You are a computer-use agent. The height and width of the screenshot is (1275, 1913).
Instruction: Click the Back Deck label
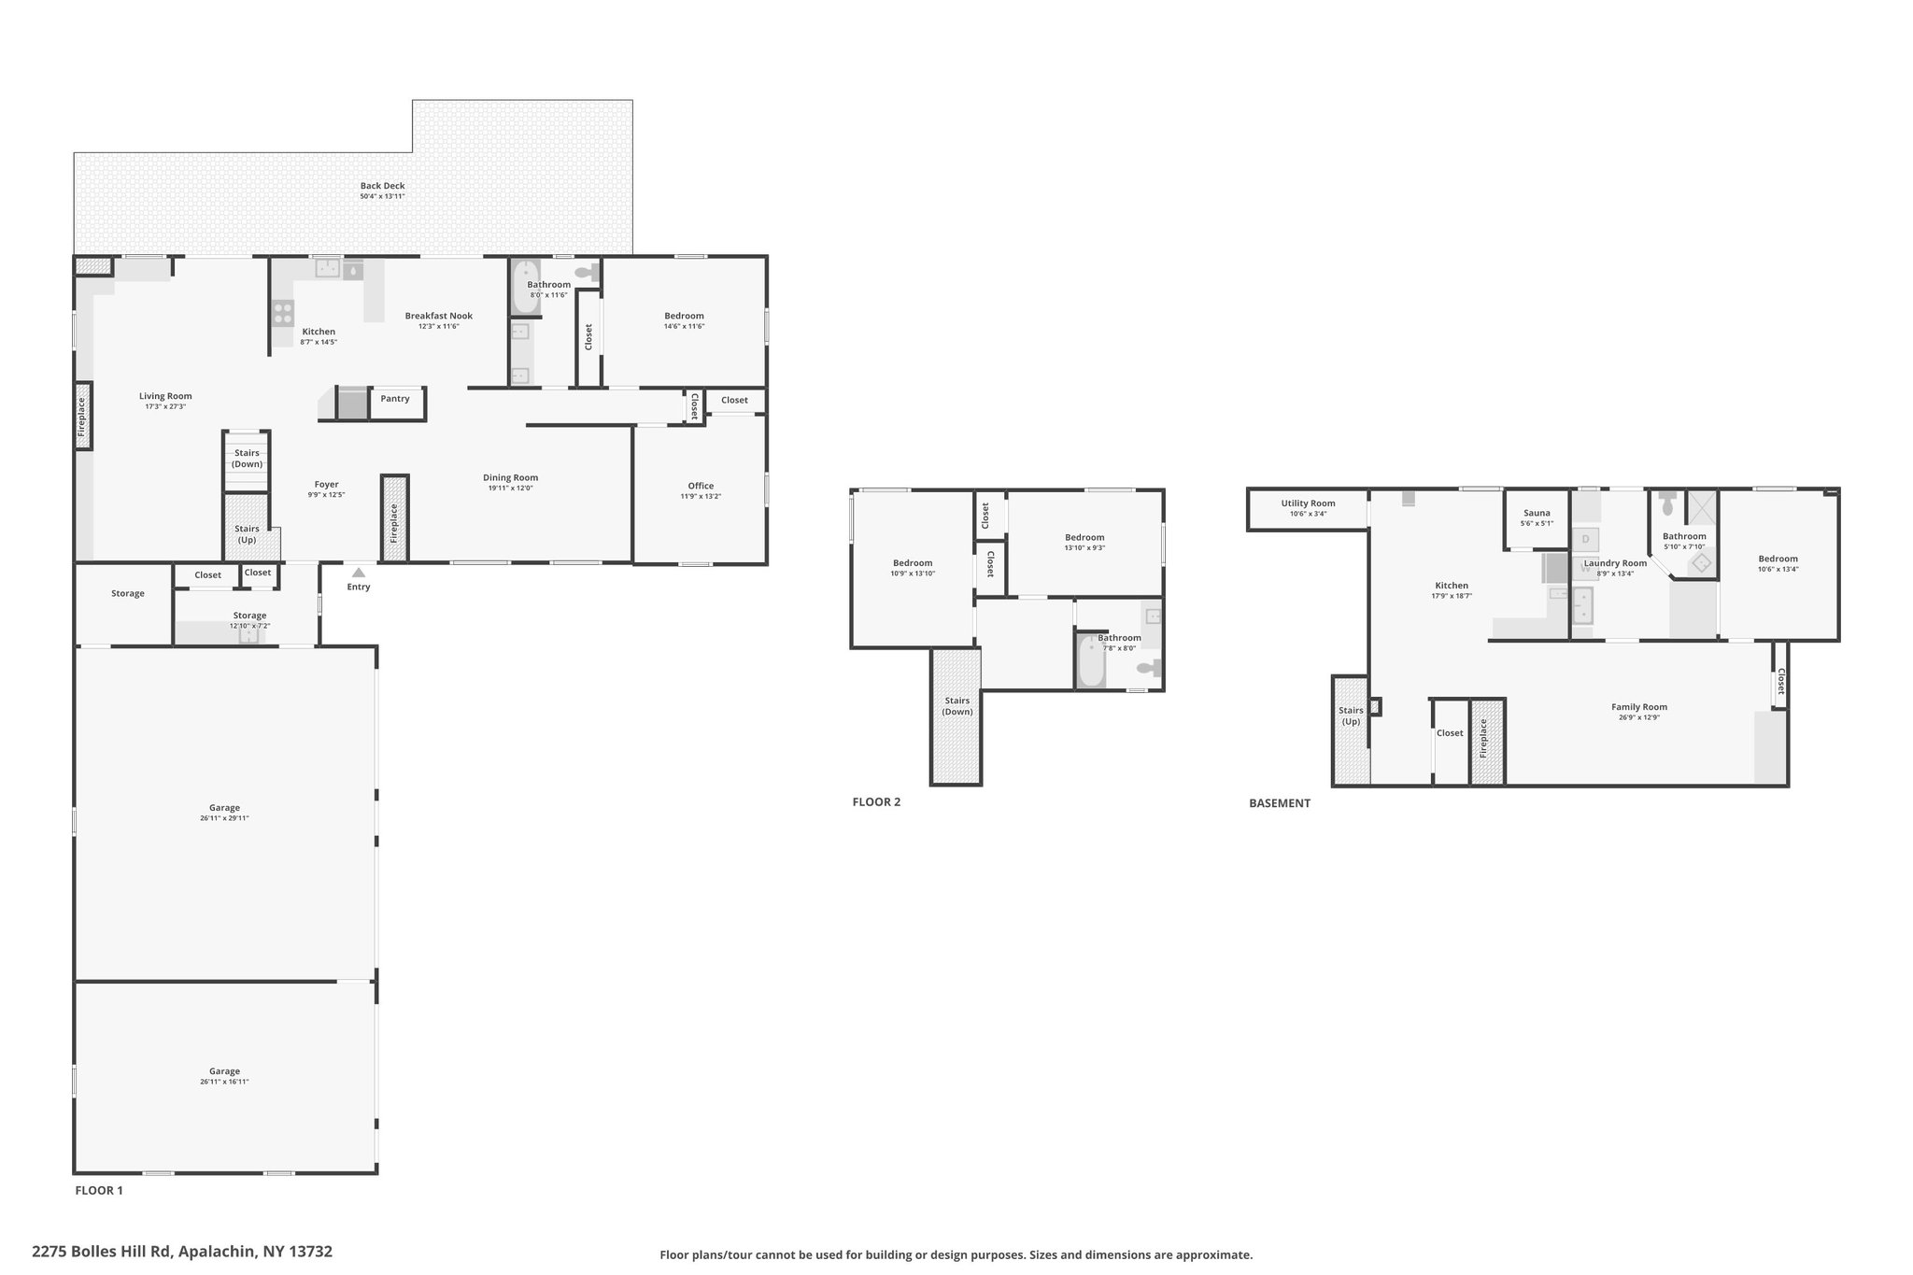[x=382, y=186]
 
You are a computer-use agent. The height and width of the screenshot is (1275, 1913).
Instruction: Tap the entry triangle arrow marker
[x=359, y=573]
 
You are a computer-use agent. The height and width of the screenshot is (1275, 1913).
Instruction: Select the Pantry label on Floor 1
[x=395, y=399]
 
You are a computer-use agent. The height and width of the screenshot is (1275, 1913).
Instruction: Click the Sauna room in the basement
[x=1537, y=518]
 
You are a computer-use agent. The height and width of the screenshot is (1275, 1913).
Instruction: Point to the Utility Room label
[x=1308, y=503]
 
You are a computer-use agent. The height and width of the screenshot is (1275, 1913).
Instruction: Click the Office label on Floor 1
[x=701, y=486]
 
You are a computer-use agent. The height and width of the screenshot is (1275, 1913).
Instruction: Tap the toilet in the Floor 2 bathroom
[x=1150, y=668]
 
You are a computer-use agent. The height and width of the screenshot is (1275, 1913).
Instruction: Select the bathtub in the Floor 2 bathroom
[x=1090, y=660]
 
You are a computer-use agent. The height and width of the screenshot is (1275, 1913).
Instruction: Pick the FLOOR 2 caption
[x=876, y=801]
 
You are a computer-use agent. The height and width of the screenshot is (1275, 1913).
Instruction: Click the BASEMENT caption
[x=1280, y=803]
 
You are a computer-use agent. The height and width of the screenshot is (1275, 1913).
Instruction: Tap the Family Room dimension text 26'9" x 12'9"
[x=1639, y=717]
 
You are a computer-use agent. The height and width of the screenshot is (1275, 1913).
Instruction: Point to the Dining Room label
[x=510, y=477]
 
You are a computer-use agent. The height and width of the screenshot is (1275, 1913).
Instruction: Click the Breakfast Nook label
[x=438, y=316]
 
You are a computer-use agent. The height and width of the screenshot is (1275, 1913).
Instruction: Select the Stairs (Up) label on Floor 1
[x=247, y=534]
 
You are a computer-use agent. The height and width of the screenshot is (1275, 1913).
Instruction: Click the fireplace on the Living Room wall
[x=83, y=416]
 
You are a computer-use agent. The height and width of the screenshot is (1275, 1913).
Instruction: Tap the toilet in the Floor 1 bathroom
[x=588, y=274]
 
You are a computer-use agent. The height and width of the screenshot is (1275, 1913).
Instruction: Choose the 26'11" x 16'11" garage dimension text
[x=224, y=1082]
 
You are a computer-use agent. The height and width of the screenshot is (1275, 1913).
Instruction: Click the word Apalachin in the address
[x=217, y=1251]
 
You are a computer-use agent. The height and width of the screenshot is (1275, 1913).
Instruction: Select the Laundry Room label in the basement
[x=1615, y=563]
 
